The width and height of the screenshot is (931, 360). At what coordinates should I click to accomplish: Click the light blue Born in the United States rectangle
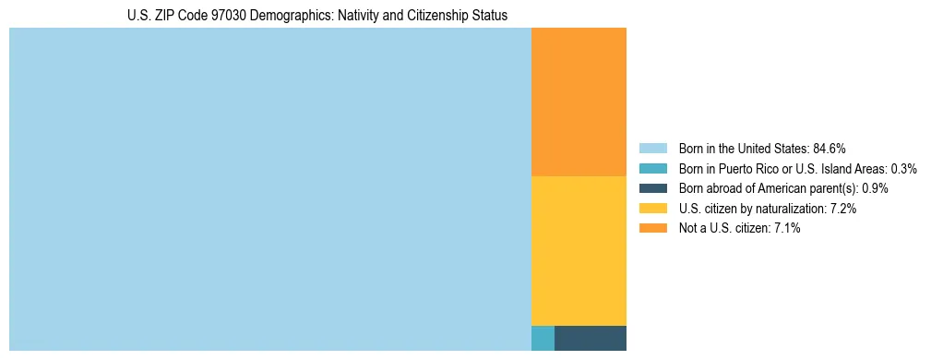269,189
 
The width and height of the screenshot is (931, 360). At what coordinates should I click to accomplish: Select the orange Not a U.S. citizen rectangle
579,102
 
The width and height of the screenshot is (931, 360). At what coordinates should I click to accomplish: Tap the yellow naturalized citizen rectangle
579,250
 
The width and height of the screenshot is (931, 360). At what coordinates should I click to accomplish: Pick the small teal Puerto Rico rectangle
543,338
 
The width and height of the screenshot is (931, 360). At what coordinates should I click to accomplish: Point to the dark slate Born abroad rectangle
590,338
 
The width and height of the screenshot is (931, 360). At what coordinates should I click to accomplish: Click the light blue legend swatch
652,148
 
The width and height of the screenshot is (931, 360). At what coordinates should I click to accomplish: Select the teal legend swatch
652,168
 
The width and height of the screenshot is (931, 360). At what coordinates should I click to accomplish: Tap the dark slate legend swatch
652,188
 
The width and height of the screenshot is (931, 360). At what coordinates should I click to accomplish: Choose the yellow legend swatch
652,209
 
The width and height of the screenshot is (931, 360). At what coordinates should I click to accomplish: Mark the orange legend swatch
652,228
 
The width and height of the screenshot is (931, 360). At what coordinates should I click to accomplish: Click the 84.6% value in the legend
830,148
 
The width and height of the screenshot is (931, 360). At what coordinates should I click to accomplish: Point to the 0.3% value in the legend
903,168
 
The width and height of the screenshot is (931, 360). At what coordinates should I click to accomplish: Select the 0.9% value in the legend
875,188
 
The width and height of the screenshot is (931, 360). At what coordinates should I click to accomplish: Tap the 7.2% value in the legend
843,209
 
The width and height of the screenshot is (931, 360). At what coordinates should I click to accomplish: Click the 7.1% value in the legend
787,228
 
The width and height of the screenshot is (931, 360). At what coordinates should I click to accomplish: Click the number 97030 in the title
226,16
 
